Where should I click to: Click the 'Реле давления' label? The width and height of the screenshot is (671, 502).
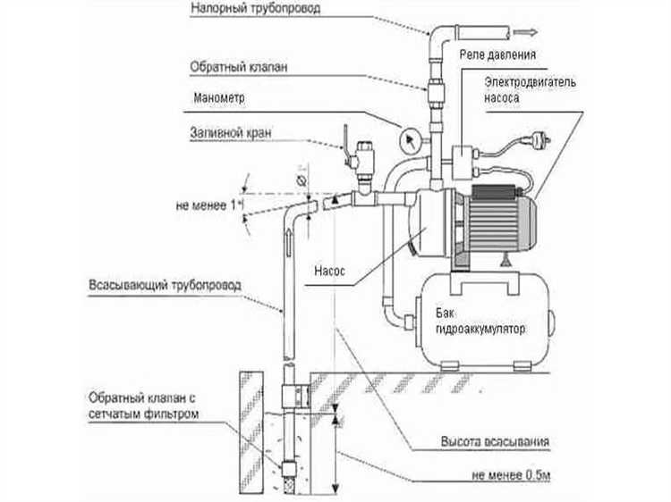coord(497,54)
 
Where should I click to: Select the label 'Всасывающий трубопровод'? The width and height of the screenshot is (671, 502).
coord(166,287)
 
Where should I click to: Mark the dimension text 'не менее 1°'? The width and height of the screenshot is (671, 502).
coord(207,205)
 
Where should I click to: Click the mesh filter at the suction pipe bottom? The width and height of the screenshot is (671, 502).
coord(290,461)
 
